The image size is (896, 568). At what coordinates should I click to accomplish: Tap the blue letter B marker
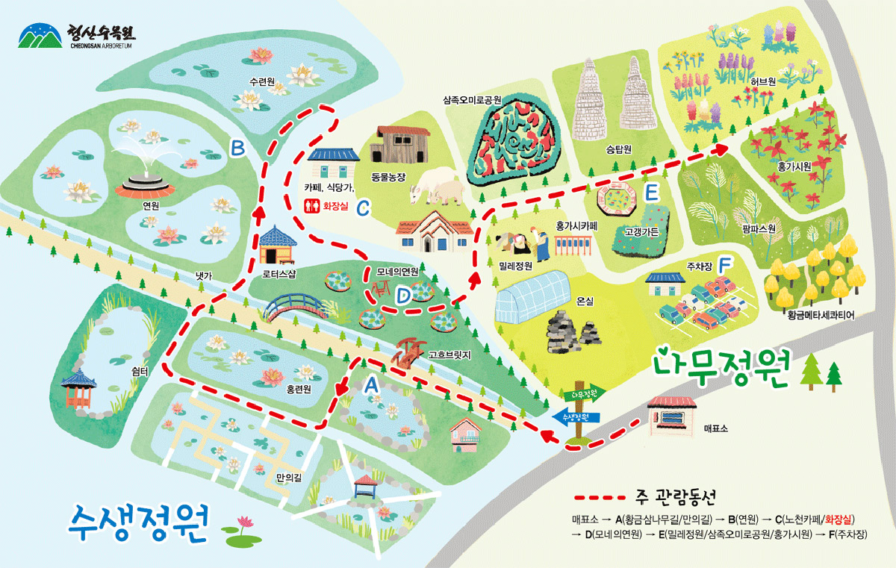pos(237,149)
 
